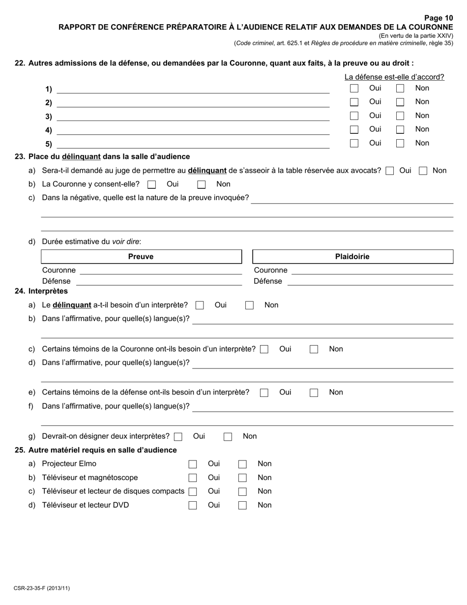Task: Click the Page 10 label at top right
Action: (x=438, y=18)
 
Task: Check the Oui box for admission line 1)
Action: (x=354, y=89)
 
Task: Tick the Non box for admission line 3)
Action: (x=400, y=116)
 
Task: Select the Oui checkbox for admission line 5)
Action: (x=354, y=144)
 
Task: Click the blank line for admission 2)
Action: (x=193, y=103)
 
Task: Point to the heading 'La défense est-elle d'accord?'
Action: (x=394, y=77)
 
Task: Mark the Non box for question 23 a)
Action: (x=423, y=171)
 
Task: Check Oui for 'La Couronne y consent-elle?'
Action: (x=152, y=185)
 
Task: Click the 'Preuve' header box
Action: (x=141, y=257)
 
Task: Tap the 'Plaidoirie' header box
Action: (x=352, y=257)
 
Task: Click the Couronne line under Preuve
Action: (x=160, y=271)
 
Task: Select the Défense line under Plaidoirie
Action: (x=370, y=281)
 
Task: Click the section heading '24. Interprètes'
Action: (x=41, y=291)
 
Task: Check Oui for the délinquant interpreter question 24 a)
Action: (x=200, y=305)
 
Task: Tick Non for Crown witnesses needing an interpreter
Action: (x=314, y=350)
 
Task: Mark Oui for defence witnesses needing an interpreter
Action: (x=264, y=393)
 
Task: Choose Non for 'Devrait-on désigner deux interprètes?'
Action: (x=228, y=437)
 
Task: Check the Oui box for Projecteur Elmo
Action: (x=193, y=464)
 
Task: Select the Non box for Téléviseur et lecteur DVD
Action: (x=242, y=506)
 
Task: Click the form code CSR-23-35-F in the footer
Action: (x=42, y=588)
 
